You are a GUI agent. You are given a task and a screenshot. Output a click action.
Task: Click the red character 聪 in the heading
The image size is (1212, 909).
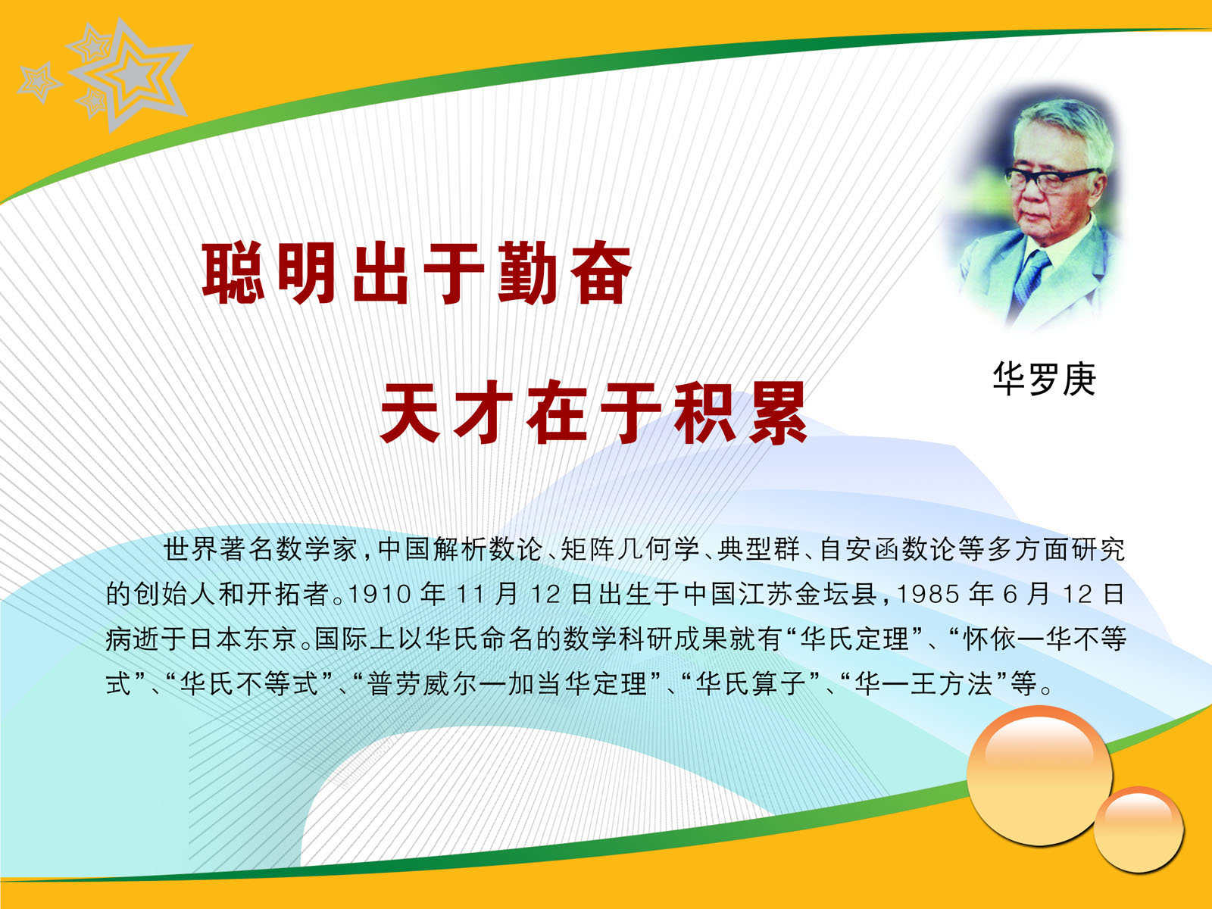point(233,273)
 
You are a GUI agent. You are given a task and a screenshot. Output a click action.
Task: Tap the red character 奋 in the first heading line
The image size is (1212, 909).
point(601,273)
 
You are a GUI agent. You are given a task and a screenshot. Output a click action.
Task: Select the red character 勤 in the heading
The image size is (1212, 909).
point(526,273)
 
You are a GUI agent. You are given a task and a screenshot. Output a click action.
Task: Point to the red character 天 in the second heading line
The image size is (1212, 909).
point(410,412)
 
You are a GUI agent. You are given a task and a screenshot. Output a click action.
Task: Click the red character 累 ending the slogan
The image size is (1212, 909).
point(777,412)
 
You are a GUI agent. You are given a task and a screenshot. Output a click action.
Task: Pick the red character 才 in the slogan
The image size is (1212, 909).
point(483,412)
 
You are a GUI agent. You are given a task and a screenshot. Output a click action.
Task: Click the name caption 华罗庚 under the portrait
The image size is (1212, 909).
point(1043,380)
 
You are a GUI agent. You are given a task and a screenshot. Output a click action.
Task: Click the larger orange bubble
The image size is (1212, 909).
point(1039,776)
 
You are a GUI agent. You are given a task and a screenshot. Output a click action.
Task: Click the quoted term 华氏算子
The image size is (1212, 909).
point(750,684)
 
